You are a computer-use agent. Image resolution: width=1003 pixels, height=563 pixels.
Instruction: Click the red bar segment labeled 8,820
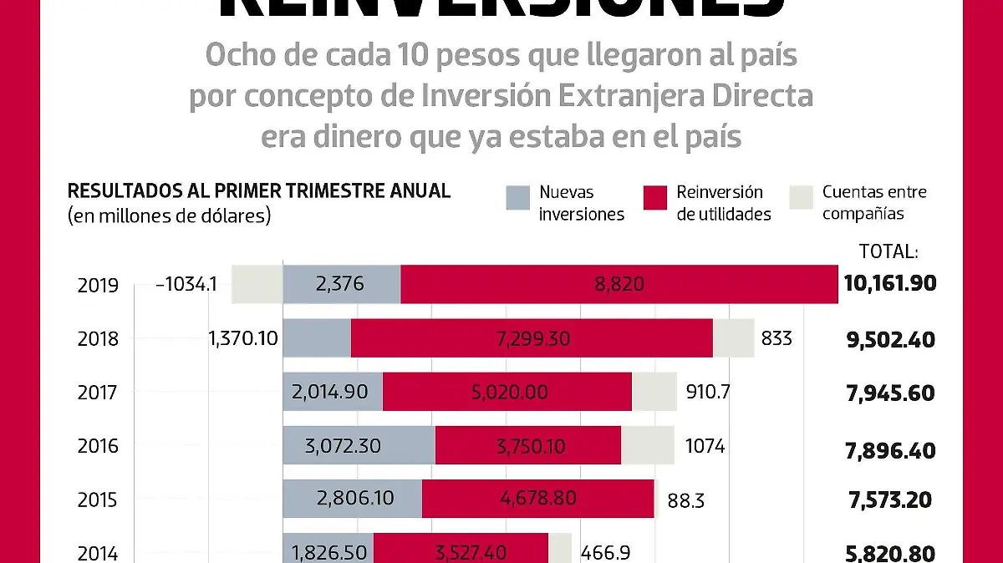(619, 284)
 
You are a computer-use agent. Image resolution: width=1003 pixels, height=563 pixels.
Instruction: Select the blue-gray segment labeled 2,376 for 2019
(341, 284)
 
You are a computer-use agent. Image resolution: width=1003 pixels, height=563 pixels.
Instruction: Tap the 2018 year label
(98, 339)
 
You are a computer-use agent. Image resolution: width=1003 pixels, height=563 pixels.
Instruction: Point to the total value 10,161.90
(889, 284)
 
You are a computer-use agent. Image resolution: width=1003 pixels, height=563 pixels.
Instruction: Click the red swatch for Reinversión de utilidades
(655, 198)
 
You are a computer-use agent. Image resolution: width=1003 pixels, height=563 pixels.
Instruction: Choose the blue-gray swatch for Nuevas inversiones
(518, 198)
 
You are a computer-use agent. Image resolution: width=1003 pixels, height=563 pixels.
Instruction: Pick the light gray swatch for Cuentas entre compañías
(801, 198)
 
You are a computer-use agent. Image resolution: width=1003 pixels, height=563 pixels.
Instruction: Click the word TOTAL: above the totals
(888, 251)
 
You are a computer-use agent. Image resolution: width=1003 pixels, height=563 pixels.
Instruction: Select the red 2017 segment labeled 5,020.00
(507, 392)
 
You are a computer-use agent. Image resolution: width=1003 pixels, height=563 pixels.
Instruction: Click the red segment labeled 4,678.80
(537, 499)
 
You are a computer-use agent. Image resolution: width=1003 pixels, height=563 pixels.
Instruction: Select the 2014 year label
(98, 553)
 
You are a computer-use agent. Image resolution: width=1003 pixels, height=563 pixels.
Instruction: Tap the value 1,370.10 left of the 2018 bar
(243, 339)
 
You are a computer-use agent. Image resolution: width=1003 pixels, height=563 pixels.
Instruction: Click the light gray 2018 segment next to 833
(733, 338)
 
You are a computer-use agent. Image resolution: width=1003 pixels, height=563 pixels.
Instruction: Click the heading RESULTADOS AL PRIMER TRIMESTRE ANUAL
(258, 190)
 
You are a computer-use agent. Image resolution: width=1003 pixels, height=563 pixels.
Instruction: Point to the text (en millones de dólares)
(169, 215)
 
